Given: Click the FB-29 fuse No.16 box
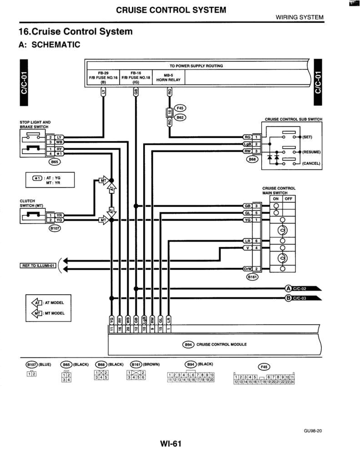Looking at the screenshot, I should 103,78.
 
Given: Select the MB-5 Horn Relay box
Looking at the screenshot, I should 168,78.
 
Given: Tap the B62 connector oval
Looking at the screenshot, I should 180,117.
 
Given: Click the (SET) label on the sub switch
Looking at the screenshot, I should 307,137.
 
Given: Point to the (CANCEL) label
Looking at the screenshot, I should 311,163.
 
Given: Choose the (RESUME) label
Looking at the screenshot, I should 311,152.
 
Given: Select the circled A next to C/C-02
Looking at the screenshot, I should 288,288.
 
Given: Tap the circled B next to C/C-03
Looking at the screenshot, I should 288,298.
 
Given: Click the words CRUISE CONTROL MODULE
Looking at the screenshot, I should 221,345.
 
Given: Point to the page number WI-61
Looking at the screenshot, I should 170,444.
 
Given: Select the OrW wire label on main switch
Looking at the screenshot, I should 248,269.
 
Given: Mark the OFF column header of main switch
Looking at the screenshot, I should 289,198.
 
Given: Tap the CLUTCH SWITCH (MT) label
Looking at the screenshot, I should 31,203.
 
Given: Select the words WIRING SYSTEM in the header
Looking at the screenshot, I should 300,17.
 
